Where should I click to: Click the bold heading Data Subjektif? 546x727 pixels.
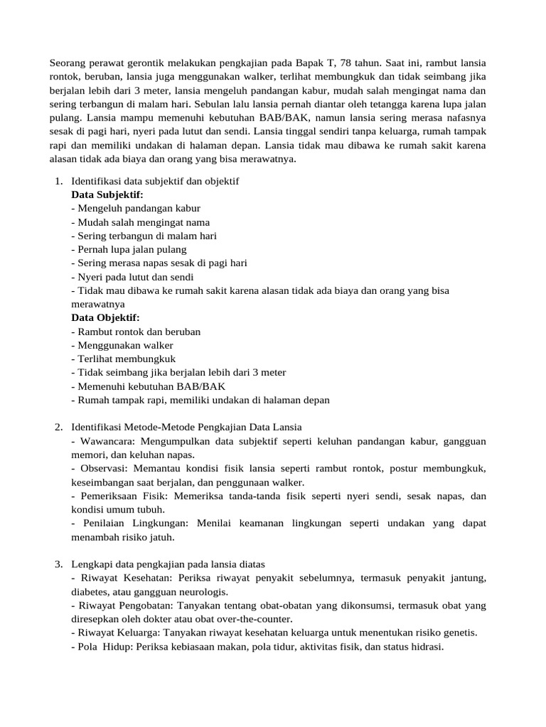(x=107, y=195)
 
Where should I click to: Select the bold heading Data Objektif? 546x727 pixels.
(x=106, y=317)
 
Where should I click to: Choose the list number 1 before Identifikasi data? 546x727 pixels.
(x=58, y=181)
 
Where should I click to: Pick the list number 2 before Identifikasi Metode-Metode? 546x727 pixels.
(x=58, y=427)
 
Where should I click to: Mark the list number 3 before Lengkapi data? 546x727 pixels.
(x=58, y=564)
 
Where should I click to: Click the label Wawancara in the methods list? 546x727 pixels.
(x=102, y=441)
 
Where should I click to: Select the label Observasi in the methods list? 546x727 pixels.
(x=101, y=469)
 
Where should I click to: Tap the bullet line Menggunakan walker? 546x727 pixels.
(x=122, y=345)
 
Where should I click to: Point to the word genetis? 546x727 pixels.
(x=460, y=633)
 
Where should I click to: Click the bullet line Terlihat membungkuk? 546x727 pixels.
(x=124, y=359)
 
